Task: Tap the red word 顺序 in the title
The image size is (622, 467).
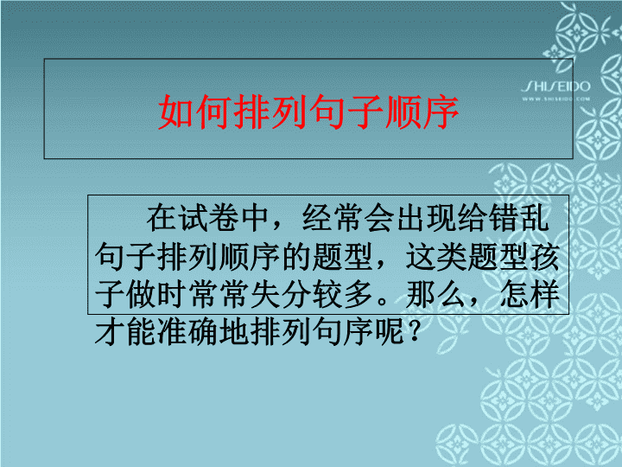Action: tap(422, 112)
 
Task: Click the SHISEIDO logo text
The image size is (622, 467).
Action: tap(555, 86)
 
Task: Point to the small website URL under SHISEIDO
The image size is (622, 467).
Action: tap(555, 99)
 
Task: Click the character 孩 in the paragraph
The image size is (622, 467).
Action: tap(544, 257)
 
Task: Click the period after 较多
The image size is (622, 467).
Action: tap(382, 301)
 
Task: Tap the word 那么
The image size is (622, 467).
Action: tap(435, 295)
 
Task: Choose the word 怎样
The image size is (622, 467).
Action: tap(530, 295)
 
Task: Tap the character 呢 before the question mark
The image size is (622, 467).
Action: tap(389, 331)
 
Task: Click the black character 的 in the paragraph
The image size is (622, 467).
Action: tap(296, 257)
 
